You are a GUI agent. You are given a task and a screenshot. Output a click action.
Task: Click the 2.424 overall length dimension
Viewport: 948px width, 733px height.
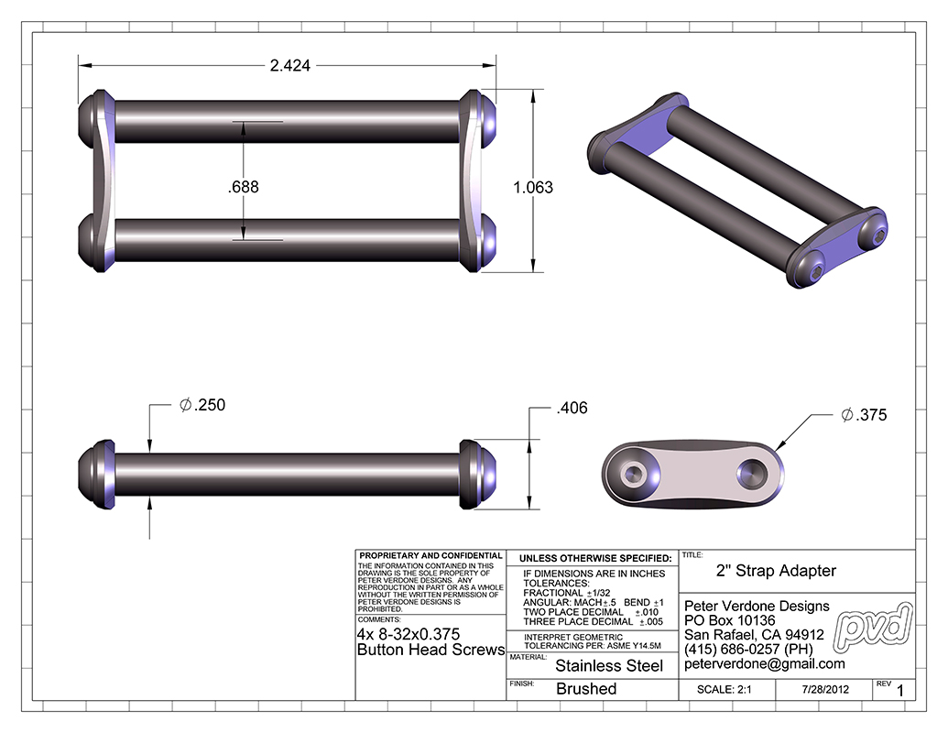[289, 66]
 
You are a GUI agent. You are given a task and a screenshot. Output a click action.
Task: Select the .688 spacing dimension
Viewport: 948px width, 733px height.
[244, 186]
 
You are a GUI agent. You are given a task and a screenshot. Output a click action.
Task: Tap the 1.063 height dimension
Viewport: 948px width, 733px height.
[533, 187]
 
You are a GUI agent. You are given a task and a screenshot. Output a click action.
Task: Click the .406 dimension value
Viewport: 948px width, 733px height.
[572, 409]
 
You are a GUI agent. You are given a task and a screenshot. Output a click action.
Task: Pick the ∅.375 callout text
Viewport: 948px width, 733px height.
[864, 415]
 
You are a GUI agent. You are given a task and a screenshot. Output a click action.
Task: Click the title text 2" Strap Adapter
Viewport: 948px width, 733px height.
[775, 571]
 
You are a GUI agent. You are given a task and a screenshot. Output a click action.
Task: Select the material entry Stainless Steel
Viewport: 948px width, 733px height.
[609, 666]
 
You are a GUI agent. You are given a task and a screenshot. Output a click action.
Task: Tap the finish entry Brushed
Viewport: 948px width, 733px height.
[586, 689]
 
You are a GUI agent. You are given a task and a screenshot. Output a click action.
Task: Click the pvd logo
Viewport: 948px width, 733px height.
[877, 623]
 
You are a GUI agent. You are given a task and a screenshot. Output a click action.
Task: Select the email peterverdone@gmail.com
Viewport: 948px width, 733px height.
[764, 664]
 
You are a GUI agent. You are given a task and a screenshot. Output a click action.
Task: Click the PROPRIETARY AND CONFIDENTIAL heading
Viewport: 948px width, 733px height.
[430, 555]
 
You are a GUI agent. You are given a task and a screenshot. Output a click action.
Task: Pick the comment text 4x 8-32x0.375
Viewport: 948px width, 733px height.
[408, 634]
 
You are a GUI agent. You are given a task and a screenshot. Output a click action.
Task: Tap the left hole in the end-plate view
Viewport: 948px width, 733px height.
[633, 474]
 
